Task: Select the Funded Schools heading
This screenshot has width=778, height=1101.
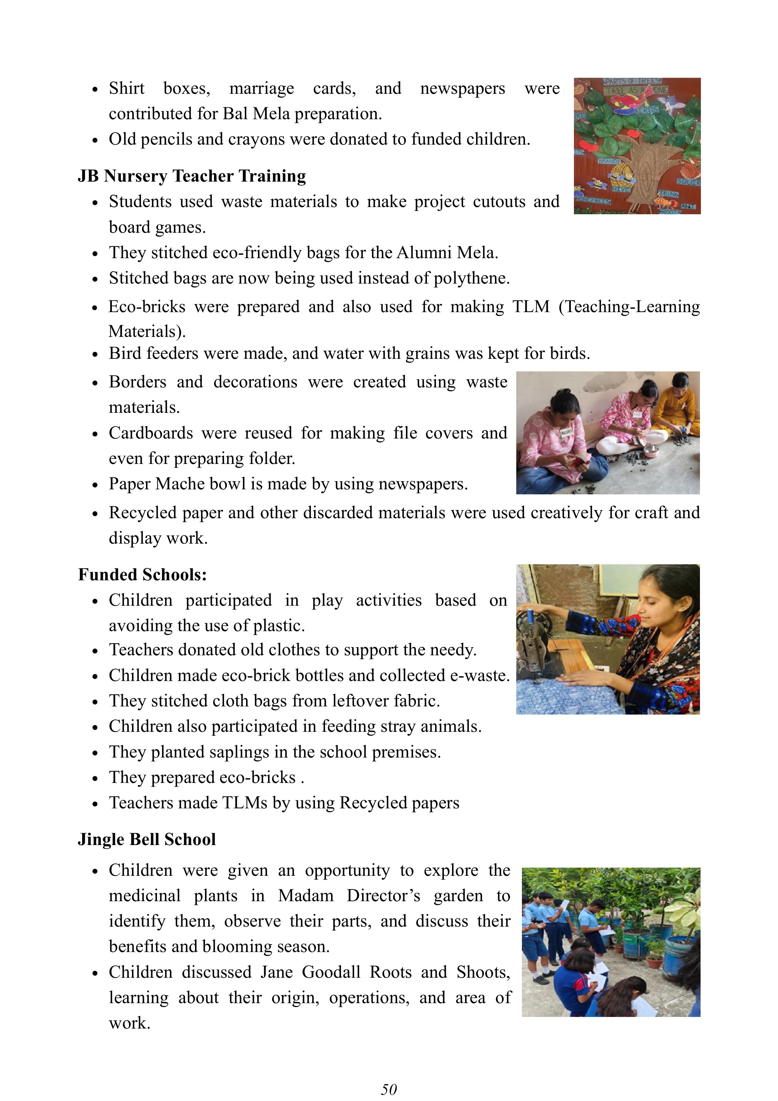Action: point(142,574)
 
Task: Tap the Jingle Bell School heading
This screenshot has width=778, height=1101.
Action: point(147,839)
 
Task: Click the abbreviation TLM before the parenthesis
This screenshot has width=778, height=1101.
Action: point(531,306)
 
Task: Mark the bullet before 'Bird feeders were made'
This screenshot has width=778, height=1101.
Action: point(95,355)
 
